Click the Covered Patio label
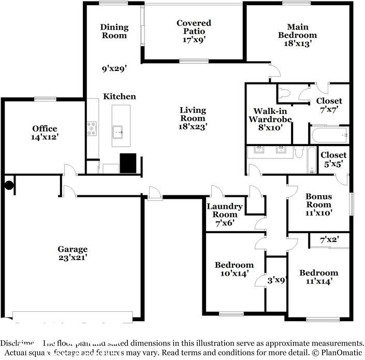(x=194, y=27)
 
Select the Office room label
(x=45, y=128)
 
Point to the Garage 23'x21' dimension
(x=72, y=257)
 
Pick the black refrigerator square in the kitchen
(x=128, y=163)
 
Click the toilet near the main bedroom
(x=285, y=93)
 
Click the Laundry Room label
(x=222, y=210)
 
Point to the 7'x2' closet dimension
(x=329, y=240)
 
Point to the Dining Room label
(x=114, y=31)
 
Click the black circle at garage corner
(x=9, y=185)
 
